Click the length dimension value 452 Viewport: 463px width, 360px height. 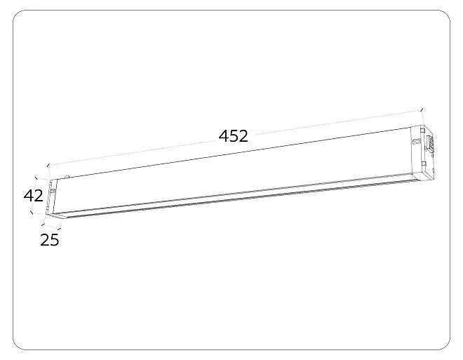(234, 136)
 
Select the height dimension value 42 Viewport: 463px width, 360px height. (34, 196)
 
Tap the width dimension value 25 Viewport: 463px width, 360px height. (50, 240)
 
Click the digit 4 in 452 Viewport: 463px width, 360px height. (224, 136)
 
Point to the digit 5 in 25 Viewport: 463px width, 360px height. (54, 240)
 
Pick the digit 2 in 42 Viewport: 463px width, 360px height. (39, 196)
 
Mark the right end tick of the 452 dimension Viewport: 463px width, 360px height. (422, 110)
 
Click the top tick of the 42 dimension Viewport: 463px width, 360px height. (36, 178)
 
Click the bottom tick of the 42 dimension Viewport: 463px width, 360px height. (32, 212)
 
